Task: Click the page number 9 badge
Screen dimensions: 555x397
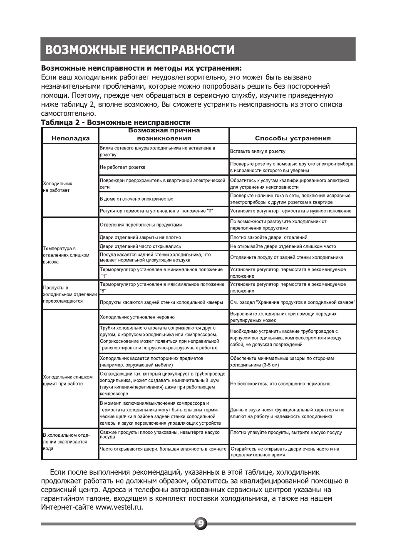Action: pyautogui.click(x=201, y=524)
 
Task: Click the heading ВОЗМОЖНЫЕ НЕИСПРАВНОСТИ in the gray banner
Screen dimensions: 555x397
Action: pyautogui.click(x=140, y=50)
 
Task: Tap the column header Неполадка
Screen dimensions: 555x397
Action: pyautogui.click(x=70, y=138)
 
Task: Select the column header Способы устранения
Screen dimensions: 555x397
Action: pyautogui.click(x=293, y=138)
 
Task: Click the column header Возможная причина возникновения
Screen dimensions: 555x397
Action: pyautogui.click(x=164, y=134)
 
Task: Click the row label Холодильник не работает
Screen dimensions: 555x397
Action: pyautogui.click(x=57, y=187)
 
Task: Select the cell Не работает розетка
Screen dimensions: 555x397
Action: pyautogui.click(x=123, y=167)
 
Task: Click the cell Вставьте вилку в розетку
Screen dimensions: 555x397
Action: pyautogui.click(x=258, y=152)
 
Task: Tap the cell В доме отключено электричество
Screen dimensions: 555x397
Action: pyautogui.click(x=136, y=199)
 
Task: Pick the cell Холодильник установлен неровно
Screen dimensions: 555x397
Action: pyautogui.click(x=137, y=317)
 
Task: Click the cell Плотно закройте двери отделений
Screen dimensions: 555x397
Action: pyautogui.click(x=269, y=237)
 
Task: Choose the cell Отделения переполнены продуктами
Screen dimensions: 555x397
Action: pyautogui.click(x=141, y=225)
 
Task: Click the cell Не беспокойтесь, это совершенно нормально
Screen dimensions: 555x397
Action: pyautogui.click(x=281, y=384)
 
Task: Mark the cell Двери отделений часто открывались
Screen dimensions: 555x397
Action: pyautogui.click(x=140, y=246)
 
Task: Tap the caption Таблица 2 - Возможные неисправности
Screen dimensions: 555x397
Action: pyautogui.click(x=115, y=122)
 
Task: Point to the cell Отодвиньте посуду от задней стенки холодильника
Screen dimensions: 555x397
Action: pyautogui.click(x=286, y=257)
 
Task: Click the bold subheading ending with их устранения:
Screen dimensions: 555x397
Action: pyautogui.click(x=141, y=68)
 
